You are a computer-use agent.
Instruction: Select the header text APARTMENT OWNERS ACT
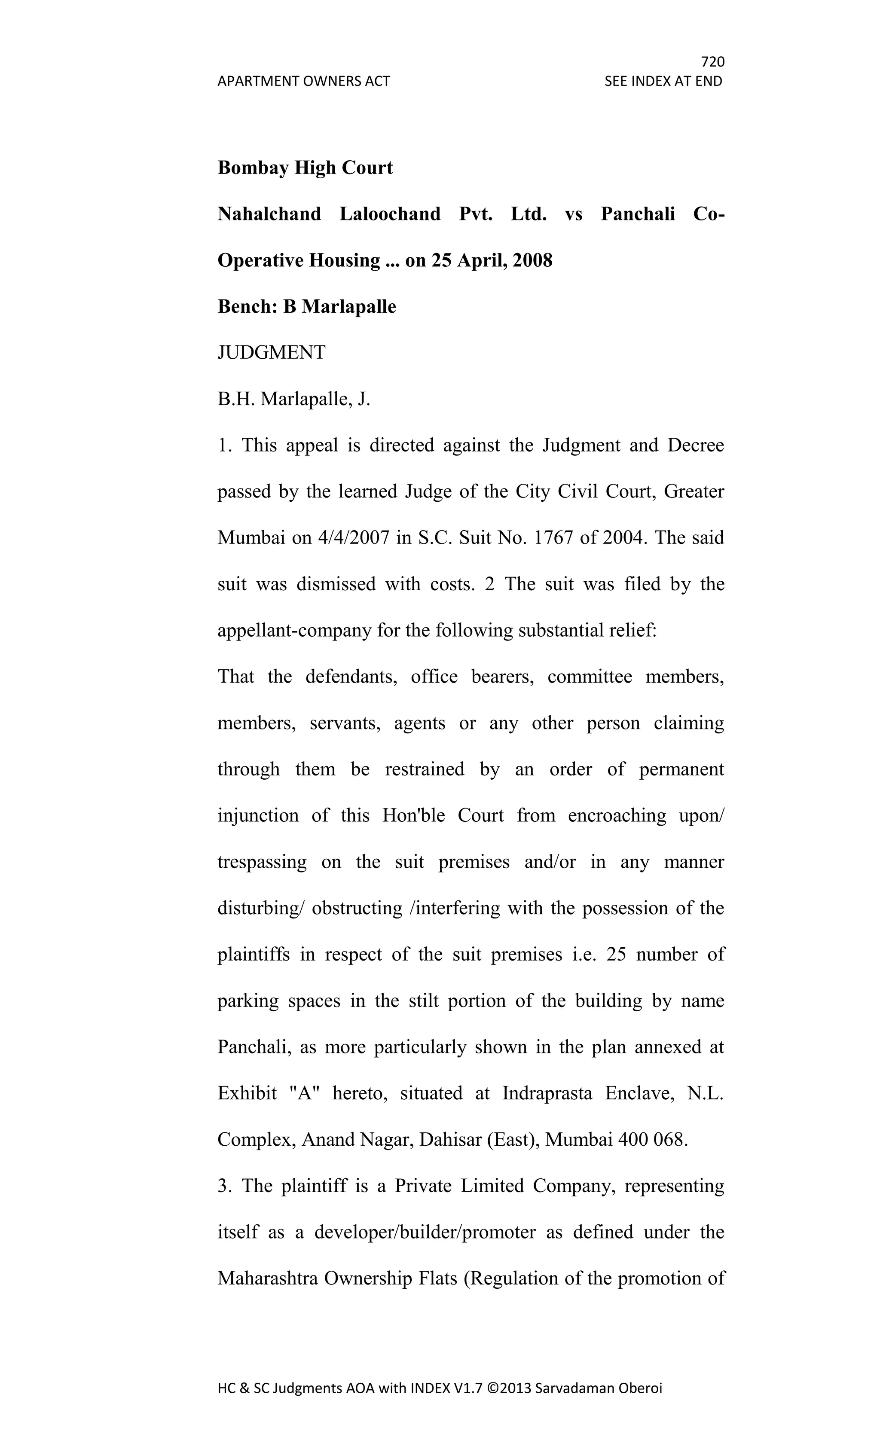[303, 81]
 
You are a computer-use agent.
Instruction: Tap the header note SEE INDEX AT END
[663, 81]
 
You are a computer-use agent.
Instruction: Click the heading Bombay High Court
[305, 168]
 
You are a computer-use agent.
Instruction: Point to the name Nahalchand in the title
[269, 214]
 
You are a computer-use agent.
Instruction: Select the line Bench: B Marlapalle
[306, 306]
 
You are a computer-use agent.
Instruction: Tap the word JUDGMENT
[271, 353]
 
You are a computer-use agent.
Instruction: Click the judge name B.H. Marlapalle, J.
[293, 399]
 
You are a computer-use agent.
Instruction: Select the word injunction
[258, 816]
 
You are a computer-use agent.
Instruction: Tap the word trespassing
[262, 862]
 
